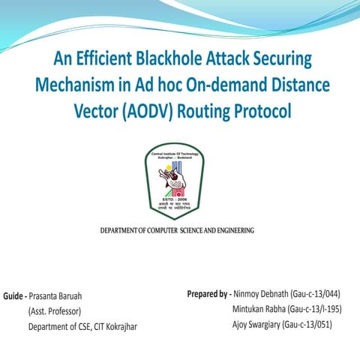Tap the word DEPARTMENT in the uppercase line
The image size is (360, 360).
124,229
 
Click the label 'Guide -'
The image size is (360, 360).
16,295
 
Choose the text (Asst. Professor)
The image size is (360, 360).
54,310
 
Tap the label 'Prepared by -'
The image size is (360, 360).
208,293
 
